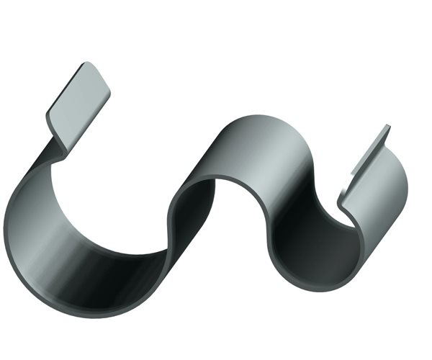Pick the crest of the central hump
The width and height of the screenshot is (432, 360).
259,119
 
